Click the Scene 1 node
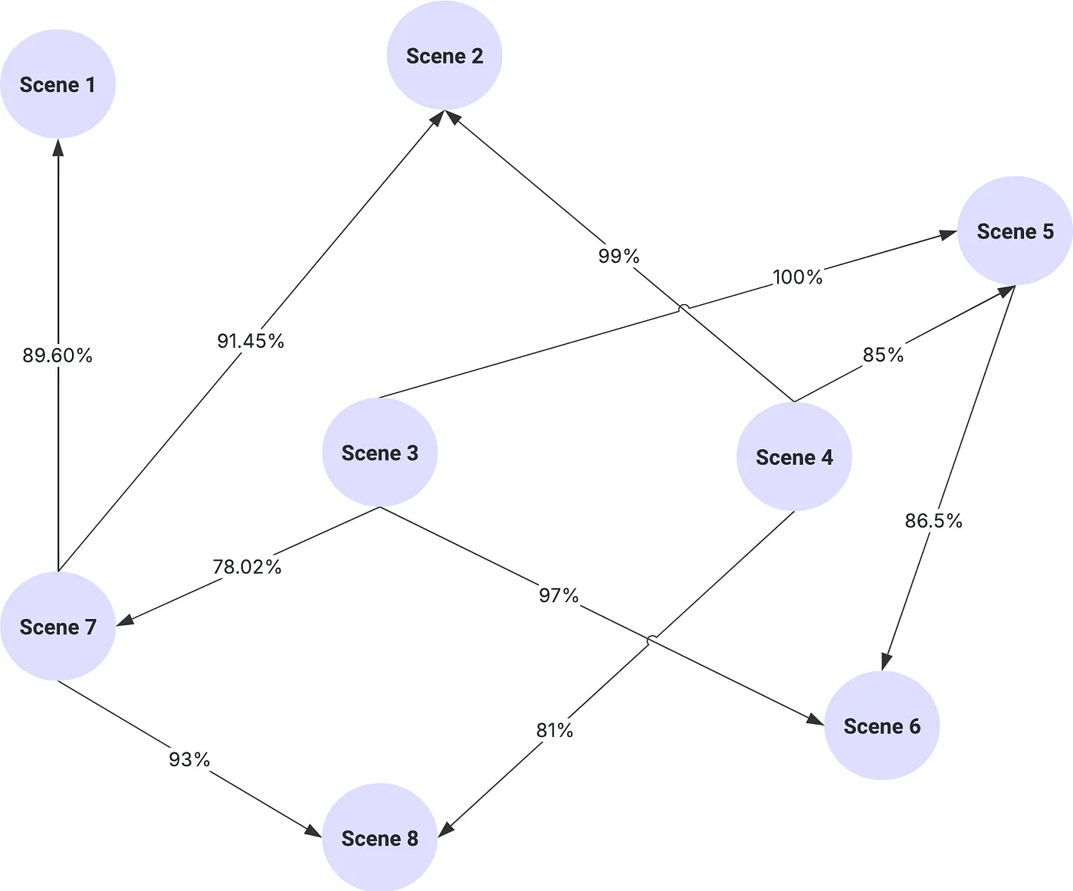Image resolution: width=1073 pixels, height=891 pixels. pyautogui.click(x=57, y=84)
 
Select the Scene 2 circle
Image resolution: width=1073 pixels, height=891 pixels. pyautogui.click(x=445, y=56)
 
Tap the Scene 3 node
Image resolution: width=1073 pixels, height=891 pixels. pyautogui.click(x=379, y=453)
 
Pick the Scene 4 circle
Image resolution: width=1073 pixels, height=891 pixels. pyautogui.click(x=794, y=457)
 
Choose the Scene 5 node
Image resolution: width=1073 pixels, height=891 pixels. pyautogui.click(x=1015, y=231)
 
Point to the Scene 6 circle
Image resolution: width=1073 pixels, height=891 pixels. pyautogui.click(x=881, y=726)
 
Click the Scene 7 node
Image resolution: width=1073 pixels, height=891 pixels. pyautogui.click(x=57, y=627)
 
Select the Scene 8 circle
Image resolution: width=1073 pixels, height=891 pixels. pyautogui.click(x=379, y=838)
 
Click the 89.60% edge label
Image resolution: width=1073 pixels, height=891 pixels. pyautogui.click(x=57, y=355)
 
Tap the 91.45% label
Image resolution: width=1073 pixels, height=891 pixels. pyautogui.click(x=251, y=341)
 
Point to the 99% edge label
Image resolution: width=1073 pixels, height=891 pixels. pyautogui.click(x=619, y=256)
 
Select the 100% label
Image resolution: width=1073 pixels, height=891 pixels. pyautogui.click(x=797, y=277)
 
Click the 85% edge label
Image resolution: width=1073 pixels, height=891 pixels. pyautogui.click(x=883, y=355)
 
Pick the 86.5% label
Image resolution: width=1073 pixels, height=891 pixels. pyautogui.click(x=933, y=521)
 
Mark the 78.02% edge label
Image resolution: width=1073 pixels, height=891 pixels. pyautogui.click(x=247, y=567)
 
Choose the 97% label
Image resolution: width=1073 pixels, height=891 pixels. pyautogui.click(x=558, y=595)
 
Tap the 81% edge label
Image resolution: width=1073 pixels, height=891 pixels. pyautogui.click(x=554, y=731)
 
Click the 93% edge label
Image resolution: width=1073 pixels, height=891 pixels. pyautogui.click(x=189, y=759)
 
